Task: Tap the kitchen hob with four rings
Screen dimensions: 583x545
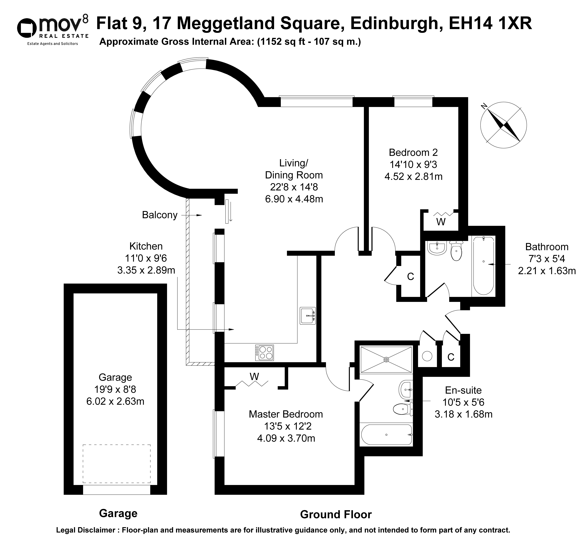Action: (265, 353)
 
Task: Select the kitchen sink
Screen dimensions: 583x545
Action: (308, 316)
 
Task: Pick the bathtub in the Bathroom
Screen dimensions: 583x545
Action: (484, 266)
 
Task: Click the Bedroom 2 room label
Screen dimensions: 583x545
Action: (413, 152)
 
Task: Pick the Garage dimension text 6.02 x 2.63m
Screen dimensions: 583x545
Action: (115, 401)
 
